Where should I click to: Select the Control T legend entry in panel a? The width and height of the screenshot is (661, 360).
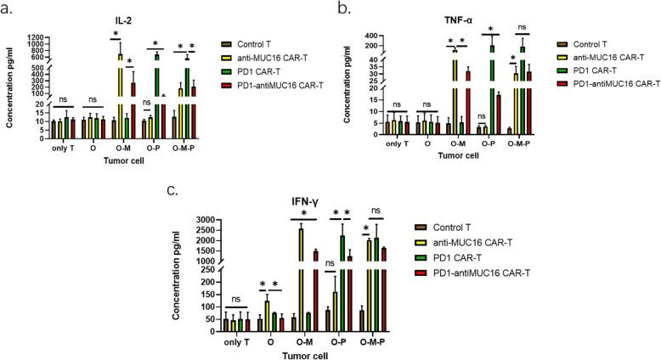pyautogui.click(x=261, y=42)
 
